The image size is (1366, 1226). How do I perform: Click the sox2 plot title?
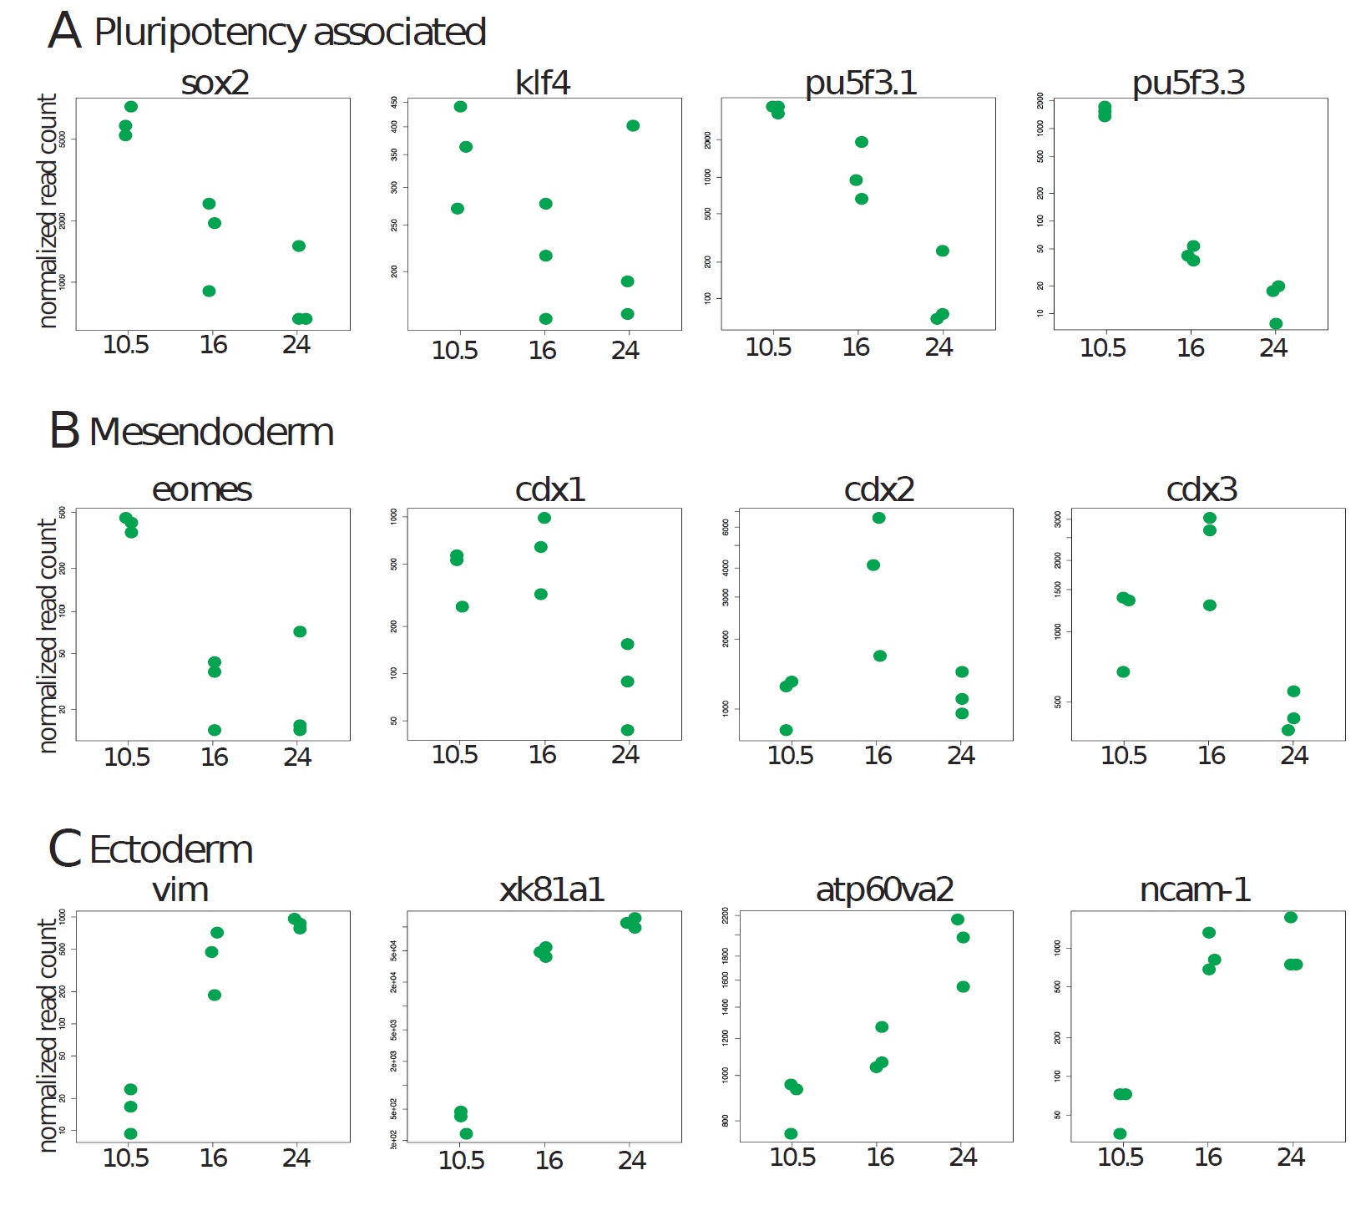click(215, 83)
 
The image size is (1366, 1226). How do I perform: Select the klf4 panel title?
click(543, 83)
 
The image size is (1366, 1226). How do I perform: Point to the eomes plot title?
click(202, 489)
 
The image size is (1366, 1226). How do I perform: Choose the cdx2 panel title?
click(879, 489)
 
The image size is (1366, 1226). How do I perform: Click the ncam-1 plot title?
click(1195, 890)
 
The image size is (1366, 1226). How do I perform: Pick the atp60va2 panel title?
click(884, 890)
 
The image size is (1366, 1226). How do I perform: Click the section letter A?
click(64, 32)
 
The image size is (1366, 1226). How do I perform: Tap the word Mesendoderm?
click(211, 432)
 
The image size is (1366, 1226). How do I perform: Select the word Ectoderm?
click(171, 850)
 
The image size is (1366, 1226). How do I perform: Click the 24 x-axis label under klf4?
click(625, 350)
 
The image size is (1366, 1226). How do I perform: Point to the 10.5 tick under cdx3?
click(1124, 755)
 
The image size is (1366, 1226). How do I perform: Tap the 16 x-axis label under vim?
click(214, 1158)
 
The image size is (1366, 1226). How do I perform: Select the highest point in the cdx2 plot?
click(878, 518)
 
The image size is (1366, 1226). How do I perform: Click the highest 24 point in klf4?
click(633, 125)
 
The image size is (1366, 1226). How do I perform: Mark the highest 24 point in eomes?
click(300, 631)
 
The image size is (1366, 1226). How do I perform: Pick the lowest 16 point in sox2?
click(209, 291)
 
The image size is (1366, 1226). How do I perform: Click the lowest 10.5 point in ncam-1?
click(1120, 1133)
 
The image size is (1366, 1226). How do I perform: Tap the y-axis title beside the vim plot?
click(48, 1036)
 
